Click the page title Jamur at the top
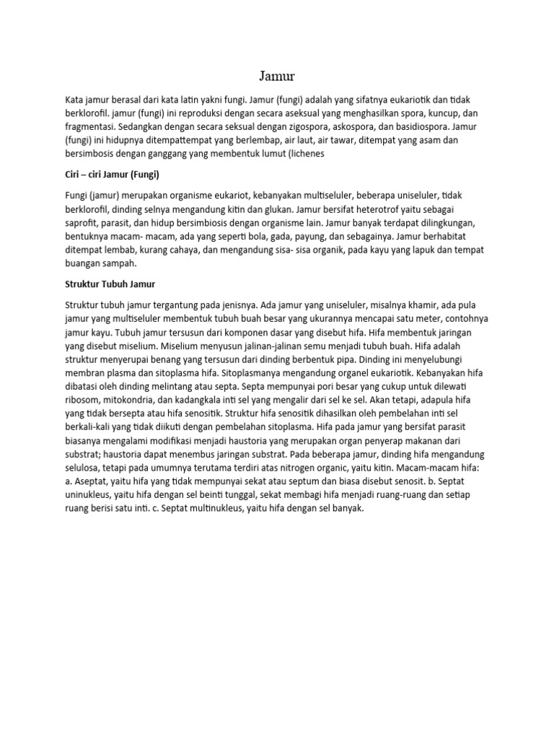[277, 76]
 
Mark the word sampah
[130, 263]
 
